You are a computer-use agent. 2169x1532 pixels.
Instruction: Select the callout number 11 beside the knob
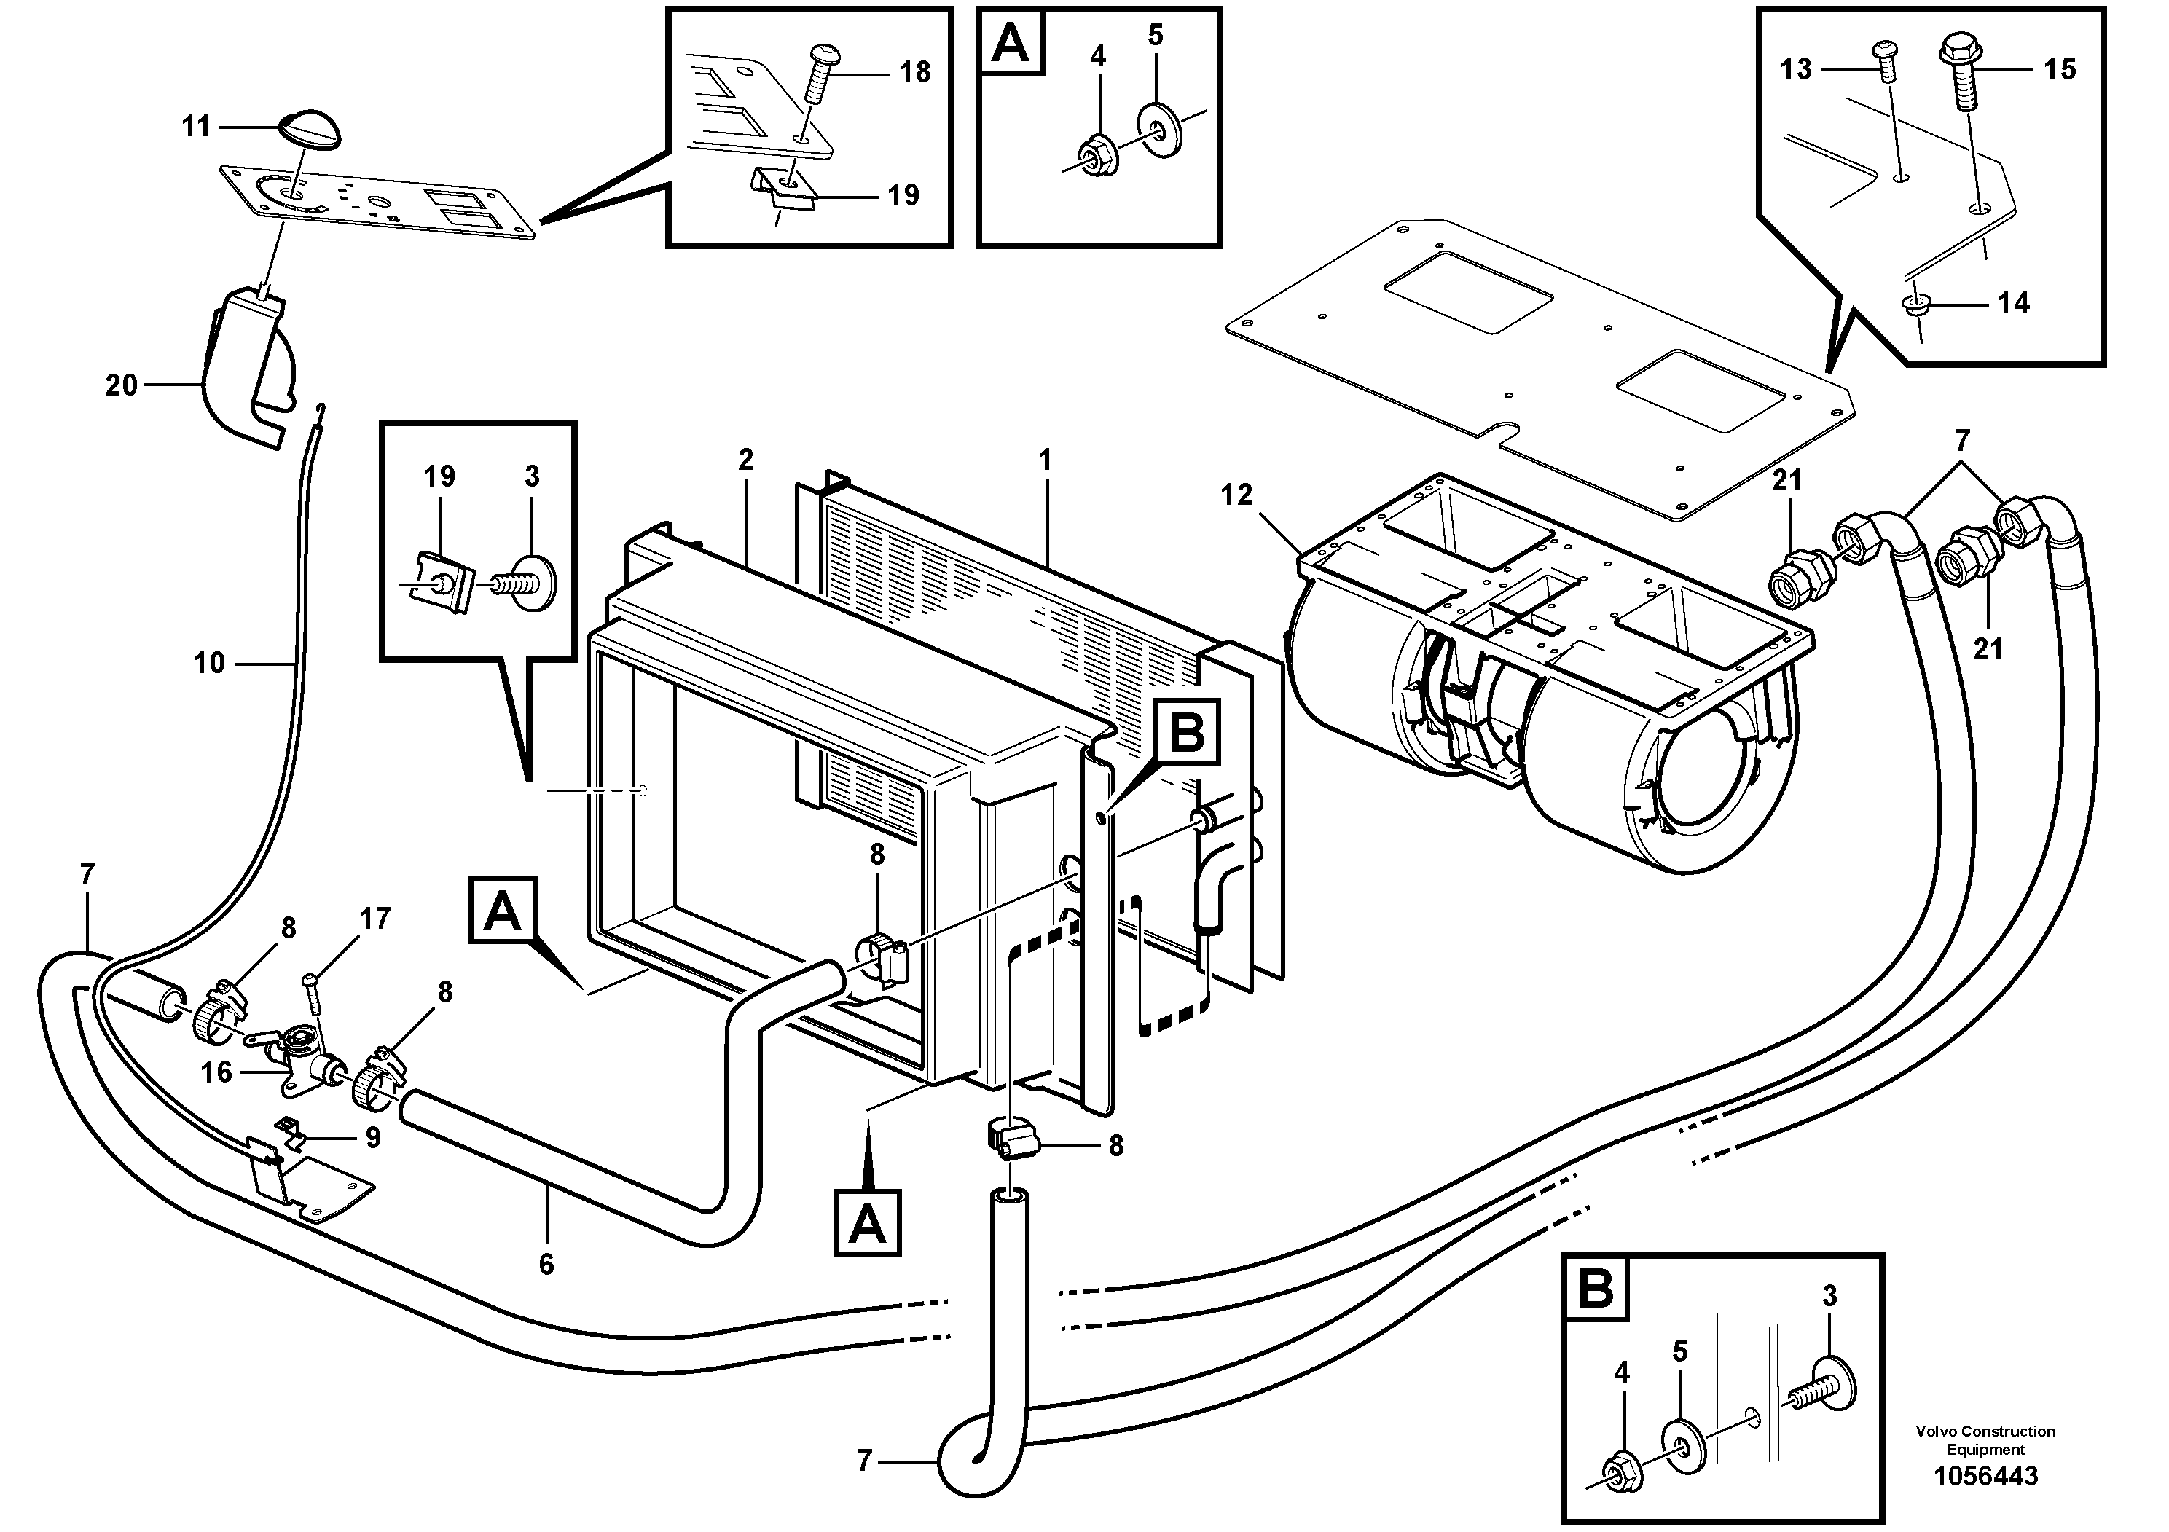pyautogui.click(x=195, y=127)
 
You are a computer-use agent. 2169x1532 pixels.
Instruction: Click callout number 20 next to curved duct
pyautogui.click(x=121, y=385)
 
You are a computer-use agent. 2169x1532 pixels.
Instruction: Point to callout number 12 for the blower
pyautogui.click(x=1236, y=495)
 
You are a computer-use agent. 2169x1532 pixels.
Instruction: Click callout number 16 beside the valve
pyautogui.click(x=216, y=1072)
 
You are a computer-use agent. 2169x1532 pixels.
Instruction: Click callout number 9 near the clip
pyautogui.click(x=373, y=1137)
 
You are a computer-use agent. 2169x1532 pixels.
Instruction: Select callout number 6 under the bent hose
pyautogui.click(x=546, y=1264)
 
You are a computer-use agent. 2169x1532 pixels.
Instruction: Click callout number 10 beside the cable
pyautogui.click(x=209, y=663)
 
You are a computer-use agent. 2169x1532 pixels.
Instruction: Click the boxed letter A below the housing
pyautogui.click(x=867, y=1226)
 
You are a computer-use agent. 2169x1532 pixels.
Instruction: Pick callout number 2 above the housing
pyautogui.click(x=745, y=460)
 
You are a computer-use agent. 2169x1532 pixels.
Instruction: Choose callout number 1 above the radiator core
pyautogui.click(x=1044, y=460)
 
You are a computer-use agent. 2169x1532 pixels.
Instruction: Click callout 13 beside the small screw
pyautogui.click(x=1796, y=69)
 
